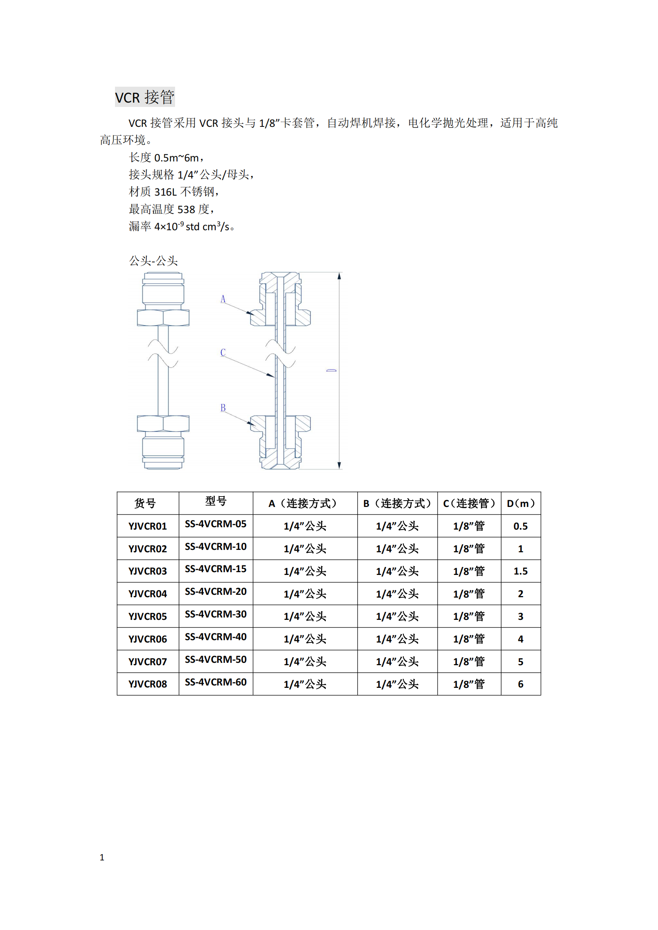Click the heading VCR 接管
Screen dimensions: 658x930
pos(145,97)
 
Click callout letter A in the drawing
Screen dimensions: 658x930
pos(223,299)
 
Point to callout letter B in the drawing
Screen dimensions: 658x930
pos(223,408)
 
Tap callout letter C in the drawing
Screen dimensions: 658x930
pos(223,352)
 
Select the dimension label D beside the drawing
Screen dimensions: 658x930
pos(331,370)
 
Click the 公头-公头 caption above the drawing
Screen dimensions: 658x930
pos(153,260)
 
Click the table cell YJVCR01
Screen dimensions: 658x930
pos(148,526)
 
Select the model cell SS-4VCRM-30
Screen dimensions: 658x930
pos(216,614)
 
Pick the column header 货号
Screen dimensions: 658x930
pos(145,503)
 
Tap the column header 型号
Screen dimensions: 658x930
pos(216,501)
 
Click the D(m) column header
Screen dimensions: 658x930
pos(521,503)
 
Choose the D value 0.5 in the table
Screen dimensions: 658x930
pos(521,526)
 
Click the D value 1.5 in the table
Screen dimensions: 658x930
pos(521,571)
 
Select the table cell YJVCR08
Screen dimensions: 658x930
pos(148,684)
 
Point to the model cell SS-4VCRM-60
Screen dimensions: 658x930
pos(216,682)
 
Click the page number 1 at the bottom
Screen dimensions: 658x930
pos(102,858)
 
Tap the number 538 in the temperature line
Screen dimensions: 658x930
pos(186,210)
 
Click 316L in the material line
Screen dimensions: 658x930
pos(166,192)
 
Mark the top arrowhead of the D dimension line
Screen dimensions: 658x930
pos(339,276)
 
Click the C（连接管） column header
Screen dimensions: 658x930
pos(469,503)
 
